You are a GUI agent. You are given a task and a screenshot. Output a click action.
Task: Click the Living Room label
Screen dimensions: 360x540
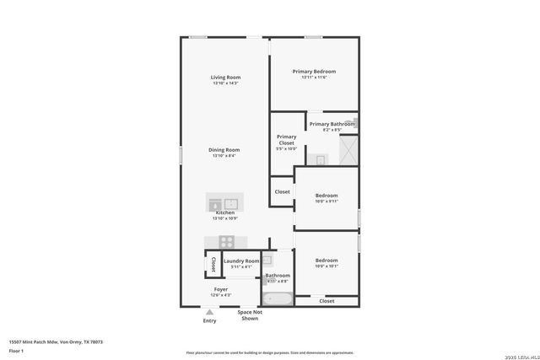(x=225, y=78)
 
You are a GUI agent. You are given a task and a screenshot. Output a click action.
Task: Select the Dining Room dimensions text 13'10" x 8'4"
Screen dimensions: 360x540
(x=225, y=156)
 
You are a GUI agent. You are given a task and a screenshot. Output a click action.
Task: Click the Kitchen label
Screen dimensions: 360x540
(x=224, y=213)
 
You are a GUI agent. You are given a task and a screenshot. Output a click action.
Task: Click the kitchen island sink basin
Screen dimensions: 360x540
(x=231, y=202)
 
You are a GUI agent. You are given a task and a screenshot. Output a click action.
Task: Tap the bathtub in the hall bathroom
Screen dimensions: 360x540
(x=277, y=298)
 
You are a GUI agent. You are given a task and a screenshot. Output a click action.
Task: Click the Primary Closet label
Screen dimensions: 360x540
(x=286, y=139)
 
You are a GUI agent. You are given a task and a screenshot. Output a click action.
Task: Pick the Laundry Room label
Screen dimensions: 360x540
(x=241, y=261)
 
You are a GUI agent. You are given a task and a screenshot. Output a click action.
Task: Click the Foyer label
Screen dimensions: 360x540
(x=220, y=289)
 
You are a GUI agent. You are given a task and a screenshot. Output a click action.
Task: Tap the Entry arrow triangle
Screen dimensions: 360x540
(x=209, y=312)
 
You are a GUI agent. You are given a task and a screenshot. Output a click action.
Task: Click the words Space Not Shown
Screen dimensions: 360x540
(x=250, y=315)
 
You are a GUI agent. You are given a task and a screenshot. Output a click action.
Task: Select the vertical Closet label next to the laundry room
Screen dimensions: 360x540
(x=213, y=264)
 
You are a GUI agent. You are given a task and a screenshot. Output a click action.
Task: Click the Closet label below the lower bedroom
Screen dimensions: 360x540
(x=327, y=300)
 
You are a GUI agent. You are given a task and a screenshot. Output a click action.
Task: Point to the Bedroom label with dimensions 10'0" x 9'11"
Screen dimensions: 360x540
(x=327, y=196)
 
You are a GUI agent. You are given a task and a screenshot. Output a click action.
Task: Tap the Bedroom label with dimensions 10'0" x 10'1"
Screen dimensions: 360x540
(x=327, y=261)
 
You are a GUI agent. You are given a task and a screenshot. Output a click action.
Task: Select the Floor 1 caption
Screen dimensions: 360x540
(x=15, y=350)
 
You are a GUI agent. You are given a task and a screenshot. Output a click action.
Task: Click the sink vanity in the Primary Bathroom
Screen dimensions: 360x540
(x=321, y=159)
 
